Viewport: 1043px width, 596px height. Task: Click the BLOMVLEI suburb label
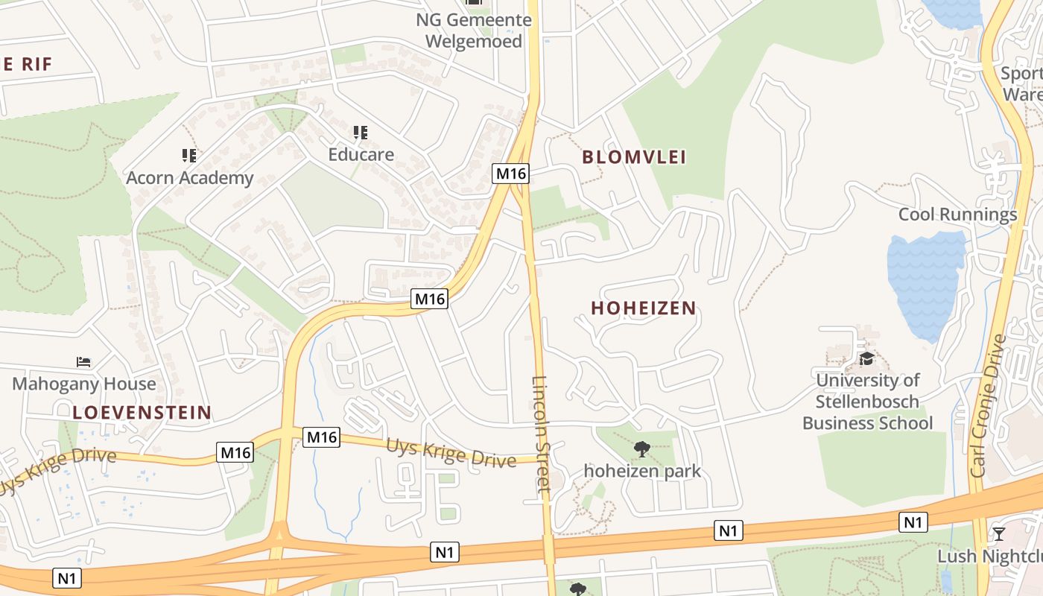click(x=634, y=156)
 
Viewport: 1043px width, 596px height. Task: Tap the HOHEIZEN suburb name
click(x=644, y=308)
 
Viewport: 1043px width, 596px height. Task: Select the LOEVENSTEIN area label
click(x=142, y=412)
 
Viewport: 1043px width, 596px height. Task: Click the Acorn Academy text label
click(x=190, y=178)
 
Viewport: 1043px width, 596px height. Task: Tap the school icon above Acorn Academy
click(x=189, y=155)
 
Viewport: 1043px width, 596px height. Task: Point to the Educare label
click(x=361, y=155)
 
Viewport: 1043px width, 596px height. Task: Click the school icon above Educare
click(x=361, y=133)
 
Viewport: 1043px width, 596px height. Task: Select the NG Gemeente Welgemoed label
click(x=474, y=31)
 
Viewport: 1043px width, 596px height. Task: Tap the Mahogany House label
click(x=84, y=384)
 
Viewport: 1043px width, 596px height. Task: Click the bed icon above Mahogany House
click(x=83, y=362)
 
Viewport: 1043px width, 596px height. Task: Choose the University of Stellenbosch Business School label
click(x=867, y=402)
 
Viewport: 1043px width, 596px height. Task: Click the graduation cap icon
click(x=866, y=359)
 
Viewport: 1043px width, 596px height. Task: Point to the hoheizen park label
click(x=642, y=471)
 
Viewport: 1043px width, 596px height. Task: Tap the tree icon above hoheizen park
click(x=641, y=448)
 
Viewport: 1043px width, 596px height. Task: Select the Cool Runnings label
click(x=957, y=215)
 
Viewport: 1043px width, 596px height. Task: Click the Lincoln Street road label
click(x=541, y=433)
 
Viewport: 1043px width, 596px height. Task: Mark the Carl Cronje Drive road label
click(x=989, y=406)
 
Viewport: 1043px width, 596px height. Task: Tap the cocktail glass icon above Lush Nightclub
click(x=999, y=533)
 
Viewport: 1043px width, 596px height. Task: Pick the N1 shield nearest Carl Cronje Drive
click(x=913, y=522)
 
